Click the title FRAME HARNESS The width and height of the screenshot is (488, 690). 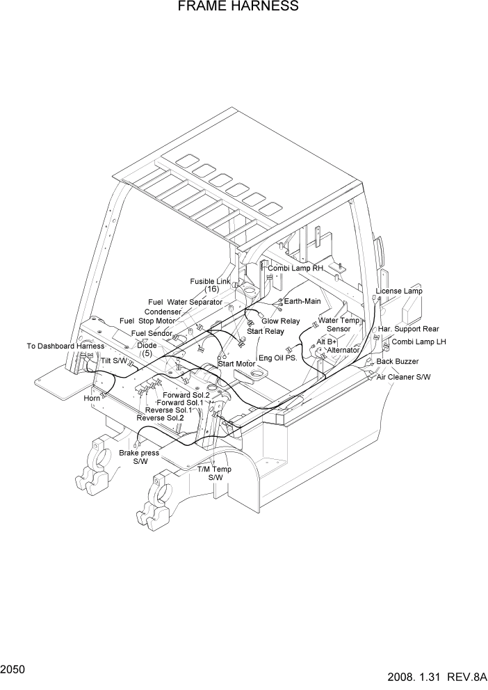(x=238, y=7)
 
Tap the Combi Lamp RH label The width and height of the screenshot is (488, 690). (x=295, y=268)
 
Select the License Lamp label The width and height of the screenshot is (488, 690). (x=399, y=291)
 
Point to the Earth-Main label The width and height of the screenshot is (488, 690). (x=302, y=301)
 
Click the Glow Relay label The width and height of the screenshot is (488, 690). (x=281, y=321)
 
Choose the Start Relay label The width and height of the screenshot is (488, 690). (x=266, y=332)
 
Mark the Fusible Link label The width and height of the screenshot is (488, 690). (x=210, y=282)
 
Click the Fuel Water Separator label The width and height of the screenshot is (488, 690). (x=186, y=302)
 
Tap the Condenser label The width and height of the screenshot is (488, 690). (x=163, y=312)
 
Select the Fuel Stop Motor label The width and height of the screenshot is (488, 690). (x=147, y=321)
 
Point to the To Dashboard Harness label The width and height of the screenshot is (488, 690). (x=65, y=346)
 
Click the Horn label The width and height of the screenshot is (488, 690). (x=92, y=398)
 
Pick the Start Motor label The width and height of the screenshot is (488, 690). (x=237, y=363)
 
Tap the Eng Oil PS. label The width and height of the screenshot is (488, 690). (x=278, y=358)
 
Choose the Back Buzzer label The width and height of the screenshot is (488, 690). (x=398, y=362)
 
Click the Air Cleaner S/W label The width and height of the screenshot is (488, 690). (x=404, y=376)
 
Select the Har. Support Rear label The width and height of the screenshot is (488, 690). (x=408, y=329)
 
